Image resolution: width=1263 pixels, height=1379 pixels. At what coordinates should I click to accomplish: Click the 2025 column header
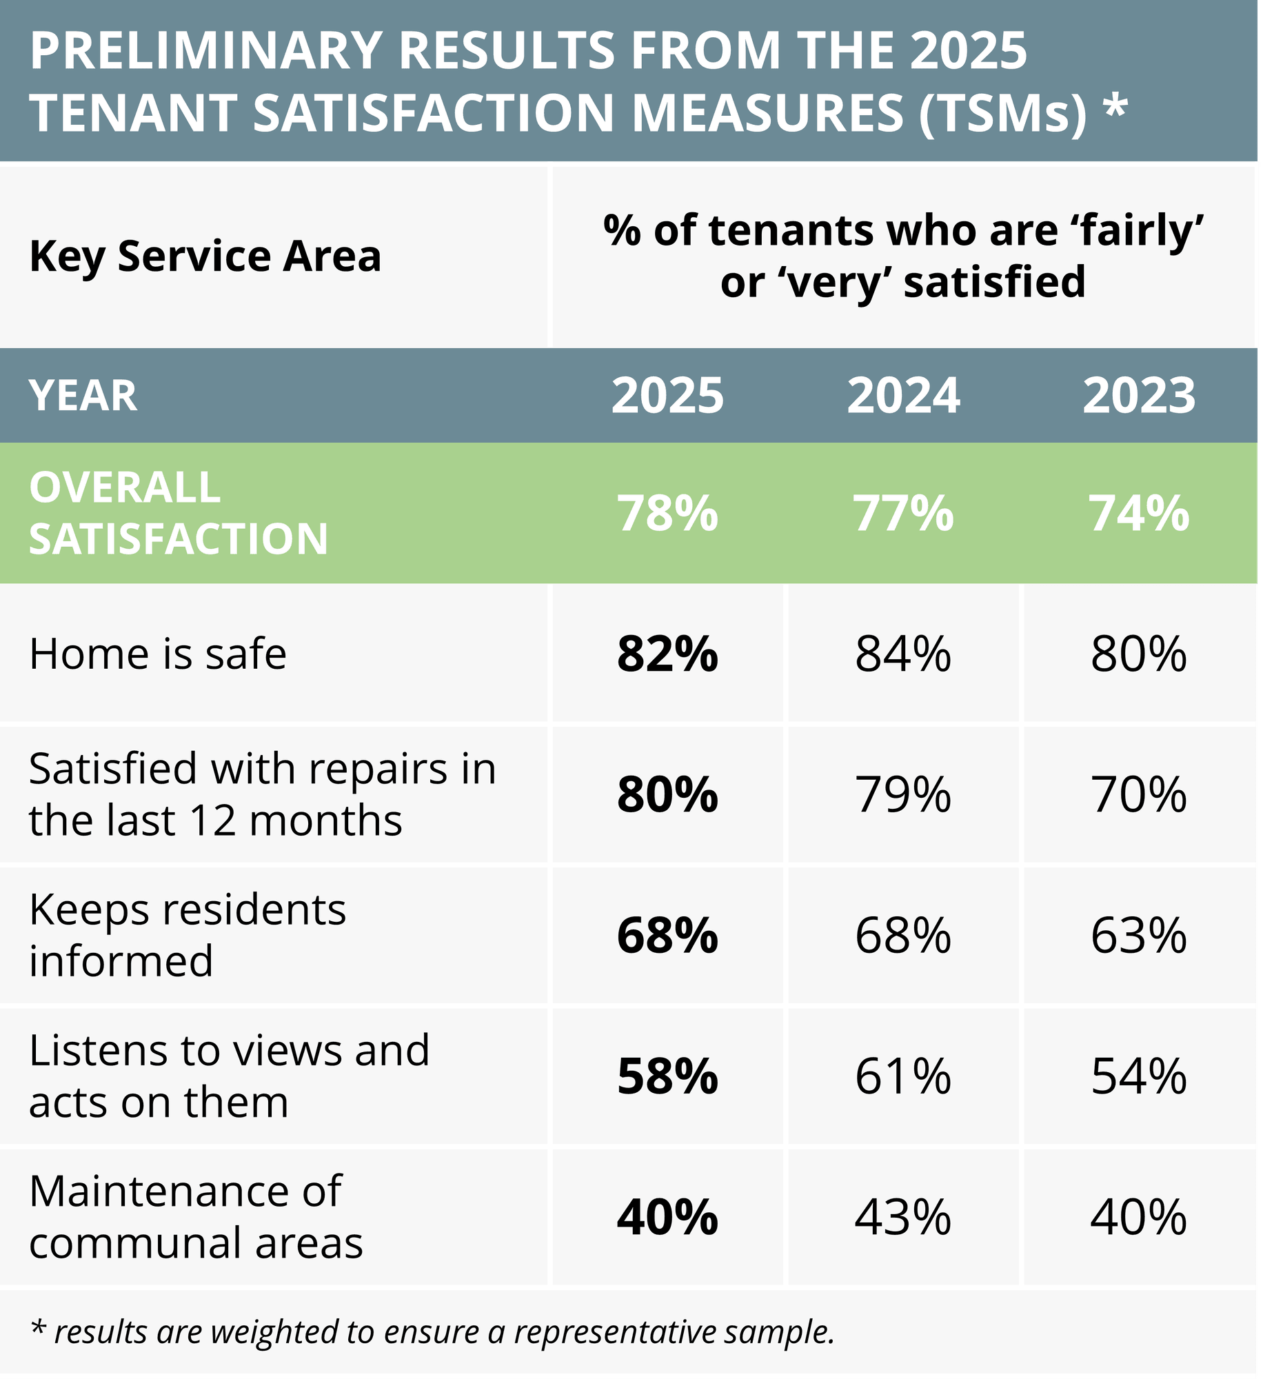[667, 396]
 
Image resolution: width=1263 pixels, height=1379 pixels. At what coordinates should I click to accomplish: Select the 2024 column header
[903, 396]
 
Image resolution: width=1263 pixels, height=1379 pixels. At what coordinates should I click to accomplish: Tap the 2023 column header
[1139, 396]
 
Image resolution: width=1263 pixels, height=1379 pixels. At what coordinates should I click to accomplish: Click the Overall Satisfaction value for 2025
[667, 514]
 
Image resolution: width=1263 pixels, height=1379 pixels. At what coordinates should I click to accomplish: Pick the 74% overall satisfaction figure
[1139, 514]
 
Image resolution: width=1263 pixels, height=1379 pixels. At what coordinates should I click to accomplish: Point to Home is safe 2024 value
[903, 654]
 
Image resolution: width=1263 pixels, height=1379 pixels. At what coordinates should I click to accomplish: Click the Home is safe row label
[158, 654]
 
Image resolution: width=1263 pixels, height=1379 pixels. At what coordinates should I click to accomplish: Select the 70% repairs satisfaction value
[1139, 794]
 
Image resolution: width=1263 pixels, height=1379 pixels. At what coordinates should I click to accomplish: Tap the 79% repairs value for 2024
[903, 794]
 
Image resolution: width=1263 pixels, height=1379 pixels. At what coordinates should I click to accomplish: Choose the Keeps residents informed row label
[188, 935]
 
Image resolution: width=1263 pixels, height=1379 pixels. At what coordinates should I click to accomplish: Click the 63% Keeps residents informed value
[1139, 936]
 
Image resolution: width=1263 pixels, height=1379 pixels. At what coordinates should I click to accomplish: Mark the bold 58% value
[667, 1076]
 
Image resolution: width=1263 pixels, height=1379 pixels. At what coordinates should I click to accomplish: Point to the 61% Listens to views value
[903, 1076]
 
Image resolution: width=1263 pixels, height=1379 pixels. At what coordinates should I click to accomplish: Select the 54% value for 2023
[1139, 1076]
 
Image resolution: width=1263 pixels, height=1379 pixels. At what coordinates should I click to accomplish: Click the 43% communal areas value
[903, 1217]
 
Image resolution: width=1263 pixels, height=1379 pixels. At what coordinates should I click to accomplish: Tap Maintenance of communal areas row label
[196, 1217]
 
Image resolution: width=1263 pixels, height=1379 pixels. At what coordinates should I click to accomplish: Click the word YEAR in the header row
[83, 396]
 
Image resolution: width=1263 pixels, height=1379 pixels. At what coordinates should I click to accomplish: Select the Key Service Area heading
[205, 256]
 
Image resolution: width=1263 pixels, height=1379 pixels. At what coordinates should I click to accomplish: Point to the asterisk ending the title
[1115, 108]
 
